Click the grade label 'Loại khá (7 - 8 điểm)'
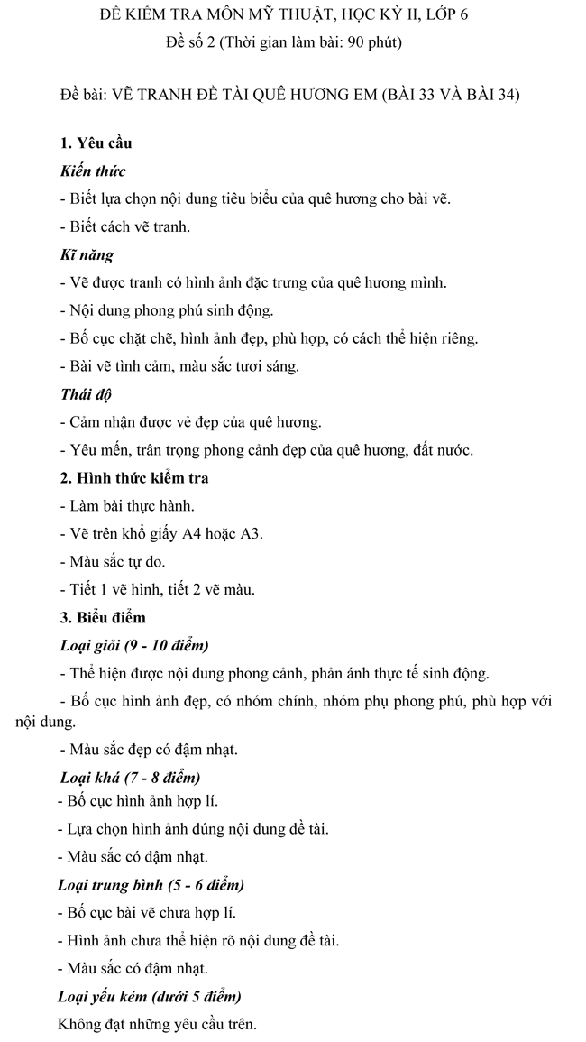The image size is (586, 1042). click(130, 777)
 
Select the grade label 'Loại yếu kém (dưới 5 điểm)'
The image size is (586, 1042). click(150, 996)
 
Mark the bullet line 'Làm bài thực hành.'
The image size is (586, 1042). click(126, 505)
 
